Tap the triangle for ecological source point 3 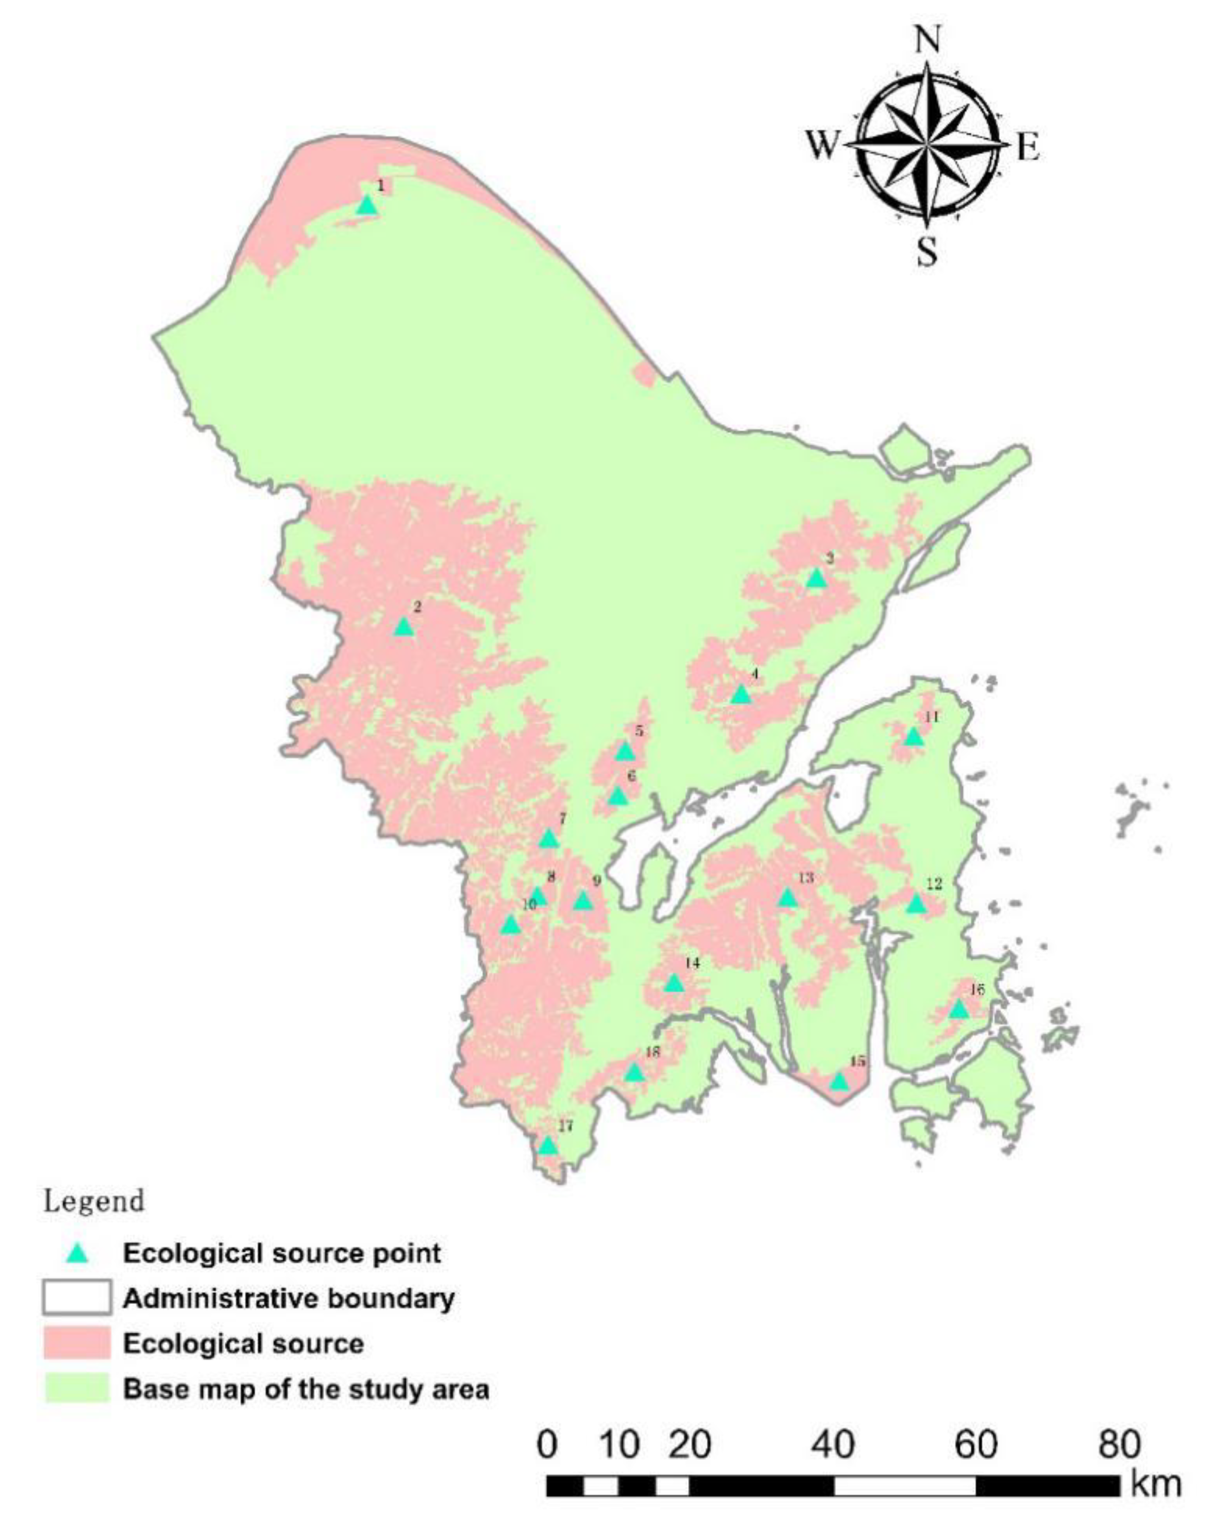pyautogui.click(x=816, y=579)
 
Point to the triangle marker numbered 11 pyautogui.click(x=914, y=737)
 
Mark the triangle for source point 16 pyautogui.click(x=958, y=1009)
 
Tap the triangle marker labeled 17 pyautogui.click(x=547, y=1146)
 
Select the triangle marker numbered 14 pyautogui.click(x=674, y=983)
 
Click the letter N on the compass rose pyautogui.click(x=928, y=41)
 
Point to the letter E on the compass pyautogui.click(x=1028, y=148)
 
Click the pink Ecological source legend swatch pyautogui.click(x=77, y=1343)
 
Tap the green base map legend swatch pyautogui.click(x=77, y=1389)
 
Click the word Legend pyautogui.click(x=94, y=1202)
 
